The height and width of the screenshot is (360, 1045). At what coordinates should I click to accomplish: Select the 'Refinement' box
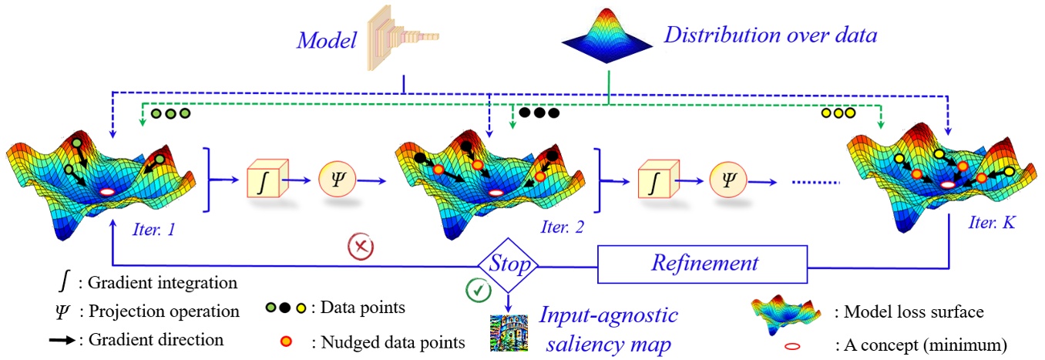click(704, 264)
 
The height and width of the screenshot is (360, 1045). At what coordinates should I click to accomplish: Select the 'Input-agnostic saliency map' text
click(607, 329)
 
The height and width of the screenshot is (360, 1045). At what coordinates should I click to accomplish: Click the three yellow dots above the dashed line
click(838, 113)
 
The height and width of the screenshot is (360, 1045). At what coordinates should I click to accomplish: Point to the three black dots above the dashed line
click(539, 113)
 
